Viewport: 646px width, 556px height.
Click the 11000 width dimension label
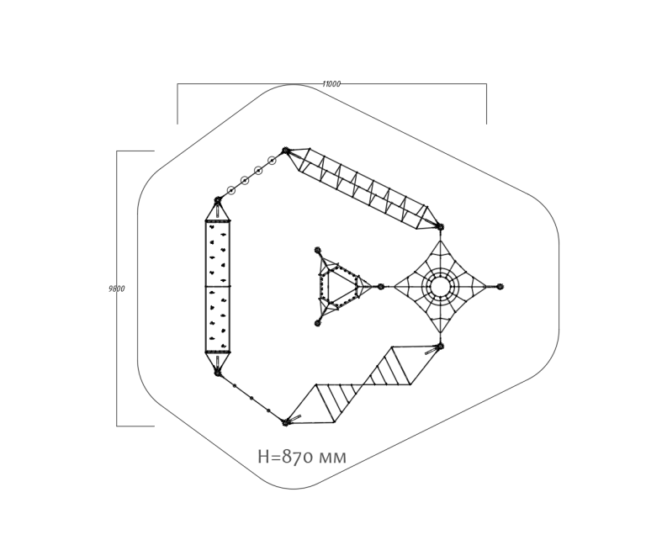pos(331,84)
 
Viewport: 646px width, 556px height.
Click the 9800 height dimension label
pos(117,289)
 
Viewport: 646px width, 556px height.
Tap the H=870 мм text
pos(302,457)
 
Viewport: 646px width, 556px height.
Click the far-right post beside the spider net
pos(500,286)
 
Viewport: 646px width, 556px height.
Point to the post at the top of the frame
pos(285,151)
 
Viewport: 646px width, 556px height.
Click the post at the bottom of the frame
pos(285,422)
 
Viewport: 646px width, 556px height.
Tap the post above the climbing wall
pos(218,200)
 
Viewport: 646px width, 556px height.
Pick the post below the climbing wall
pos(218,373)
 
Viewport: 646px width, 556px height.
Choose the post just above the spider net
pos(440,227)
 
